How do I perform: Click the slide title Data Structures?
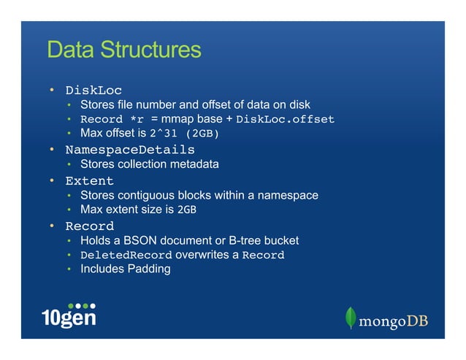click(123, 50)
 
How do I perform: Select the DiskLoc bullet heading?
click(93, 91)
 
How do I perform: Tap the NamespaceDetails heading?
click(130, 150)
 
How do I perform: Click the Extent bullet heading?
click(89, 180)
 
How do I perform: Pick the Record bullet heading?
click(89, 226)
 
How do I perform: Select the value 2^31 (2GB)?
click(184, 134)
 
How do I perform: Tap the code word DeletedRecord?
click(126, 256)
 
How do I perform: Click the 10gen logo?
click(69, 315)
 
